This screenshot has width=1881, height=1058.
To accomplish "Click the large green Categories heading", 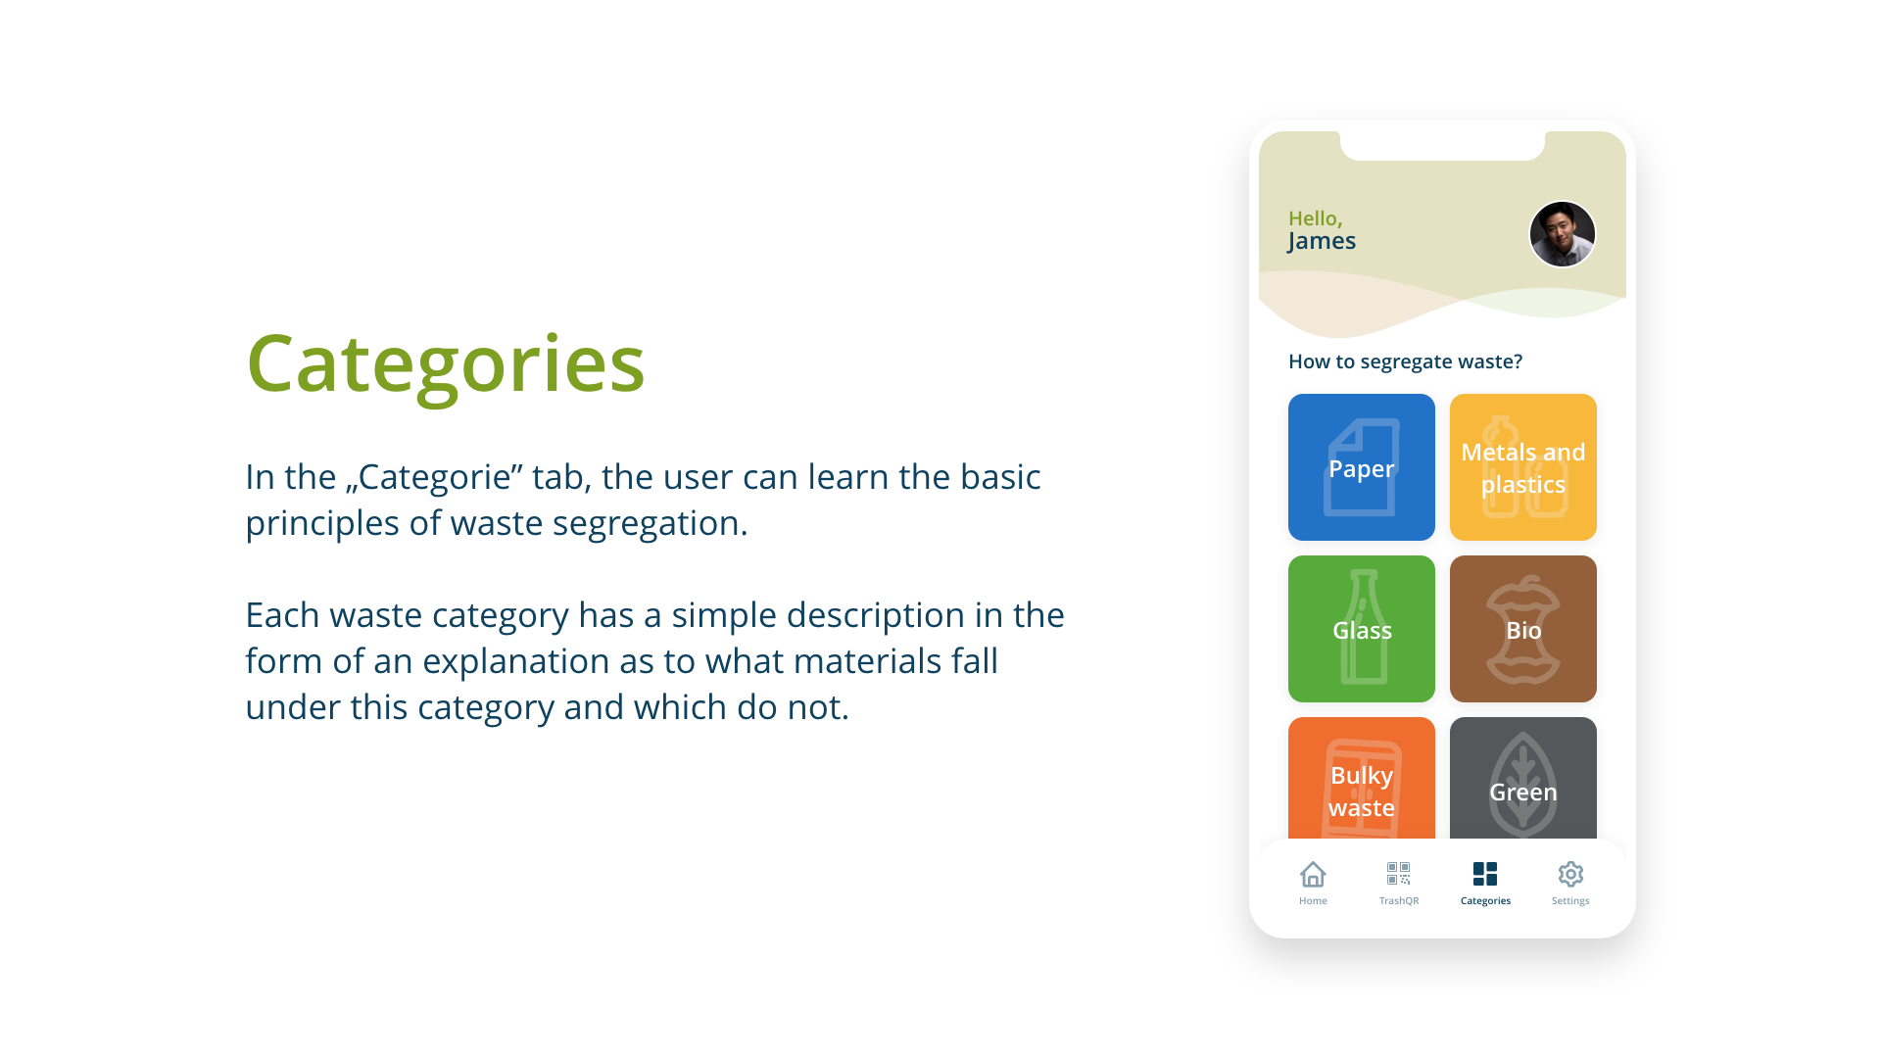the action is (446, 364).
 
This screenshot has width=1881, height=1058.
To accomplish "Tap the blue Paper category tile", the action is (1361, 467).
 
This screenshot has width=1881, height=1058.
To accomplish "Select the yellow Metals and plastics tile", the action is (1522, 467).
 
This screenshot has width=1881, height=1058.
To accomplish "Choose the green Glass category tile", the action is (1361, 629).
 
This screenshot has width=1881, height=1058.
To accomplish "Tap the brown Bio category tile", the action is (1522, 629).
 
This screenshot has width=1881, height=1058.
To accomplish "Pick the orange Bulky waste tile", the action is (1361, 778).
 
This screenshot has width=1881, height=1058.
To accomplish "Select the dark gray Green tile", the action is (1522, 778).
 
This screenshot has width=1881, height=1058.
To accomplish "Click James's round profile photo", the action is (1563, 234).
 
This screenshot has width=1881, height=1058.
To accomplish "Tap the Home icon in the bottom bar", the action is (1313, 874).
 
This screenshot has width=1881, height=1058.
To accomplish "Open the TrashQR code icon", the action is (1398, 873).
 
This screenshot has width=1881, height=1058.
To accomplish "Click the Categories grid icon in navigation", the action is (1485, 874).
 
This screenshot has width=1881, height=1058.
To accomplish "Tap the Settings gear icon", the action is (1570, 874).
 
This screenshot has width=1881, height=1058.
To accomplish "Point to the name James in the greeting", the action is (1322, 241).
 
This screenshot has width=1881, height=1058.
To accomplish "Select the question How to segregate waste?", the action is (1405, 361).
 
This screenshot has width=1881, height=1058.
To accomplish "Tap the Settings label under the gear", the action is (1570, 901).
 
